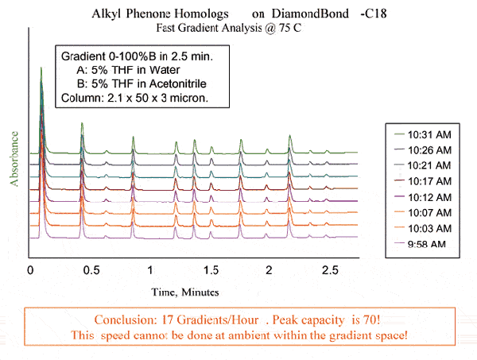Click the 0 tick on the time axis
coord(29,270)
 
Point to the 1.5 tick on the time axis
coord(211,270)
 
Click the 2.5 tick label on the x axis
coord(330,270)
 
